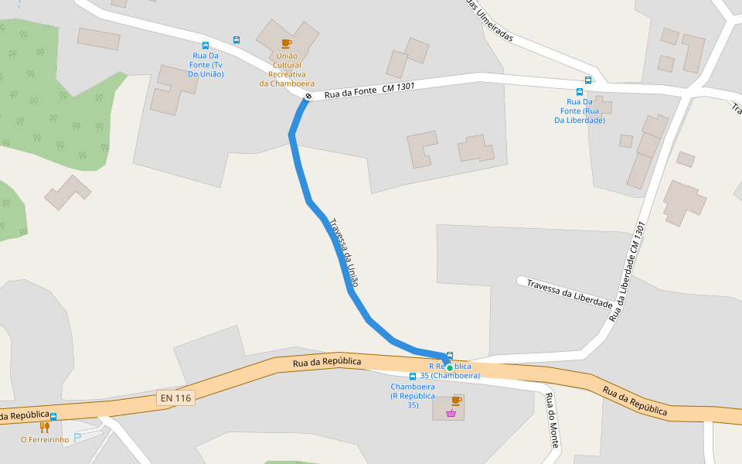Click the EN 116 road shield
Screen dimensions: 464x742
click(176, 398)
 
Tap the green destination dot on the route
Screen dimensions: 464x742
click(449, 367)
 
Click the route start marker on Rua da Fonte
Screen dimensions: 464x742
click(308, 97)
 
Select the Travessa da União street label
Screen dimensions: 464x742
click(344, 252)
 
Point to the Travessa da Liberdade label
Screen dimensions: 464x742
click(570, 293)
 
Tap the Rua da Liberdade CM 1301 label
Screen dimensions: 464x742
click(627, 272)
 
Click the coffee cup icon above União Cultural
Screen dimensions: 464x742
click(286, 43)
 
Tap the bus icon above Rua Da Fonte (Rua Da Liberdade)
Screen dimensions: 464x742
click(588, 80)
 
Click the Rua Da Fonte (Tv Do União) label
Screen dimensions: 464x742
click(208, 65)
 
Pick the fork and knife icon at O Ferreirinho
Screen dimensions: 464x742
click(44, 427)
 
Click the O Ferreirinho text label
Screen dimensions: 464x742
click(45, 440)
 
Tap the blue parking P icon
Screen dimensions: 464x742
click(77, 437)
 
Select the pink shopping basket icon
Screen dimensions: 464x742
click(451, 414)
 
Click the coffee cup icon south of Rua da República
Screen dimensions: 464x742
click(456, 400)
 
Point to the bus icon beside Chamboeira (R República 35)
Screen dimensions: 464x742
click(413, 376)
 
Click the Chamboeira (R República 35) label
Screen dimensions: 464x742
click(413, 395)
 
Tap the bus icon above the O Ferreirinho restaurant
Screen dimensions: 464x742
click(53, 417)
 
